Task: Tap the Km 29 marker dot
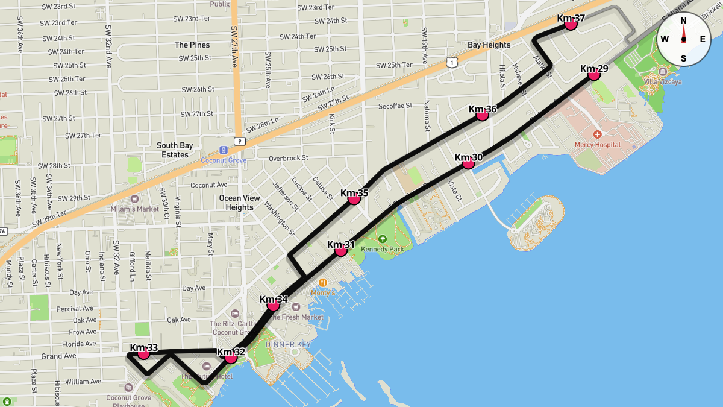click(x=593, y=74)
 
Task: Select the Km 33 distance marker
click(x=143, y=353)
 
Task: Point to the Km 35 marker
click(x=354, y=198)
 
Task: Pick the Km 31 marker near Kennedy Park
click(x=341, y=250)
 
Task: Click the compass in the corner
click(x=683, y=39)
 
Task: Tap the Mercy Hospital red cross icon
click(x=597, y=134)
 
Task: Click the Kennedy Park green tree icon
click(x=382, y=239)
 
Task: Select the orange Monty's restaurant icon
click(x=323, y=282)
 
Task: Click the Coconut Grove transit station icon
click(x=224, y=150)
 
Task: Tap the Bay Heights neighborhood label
click(x=489, y=45)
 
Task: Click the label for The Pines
click(x=192, y=45)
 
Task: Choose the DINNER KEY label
click(x=288, y=344)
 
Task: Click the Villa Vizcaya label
click(x=662, y=81)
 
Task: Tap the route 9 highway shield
click(x=239, y=141)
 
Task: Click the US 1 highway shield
click(x=451, y=62)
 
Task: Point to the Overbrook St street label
click(x=288, y=158)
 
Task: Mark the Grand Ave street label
click(x=58, y=356)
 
